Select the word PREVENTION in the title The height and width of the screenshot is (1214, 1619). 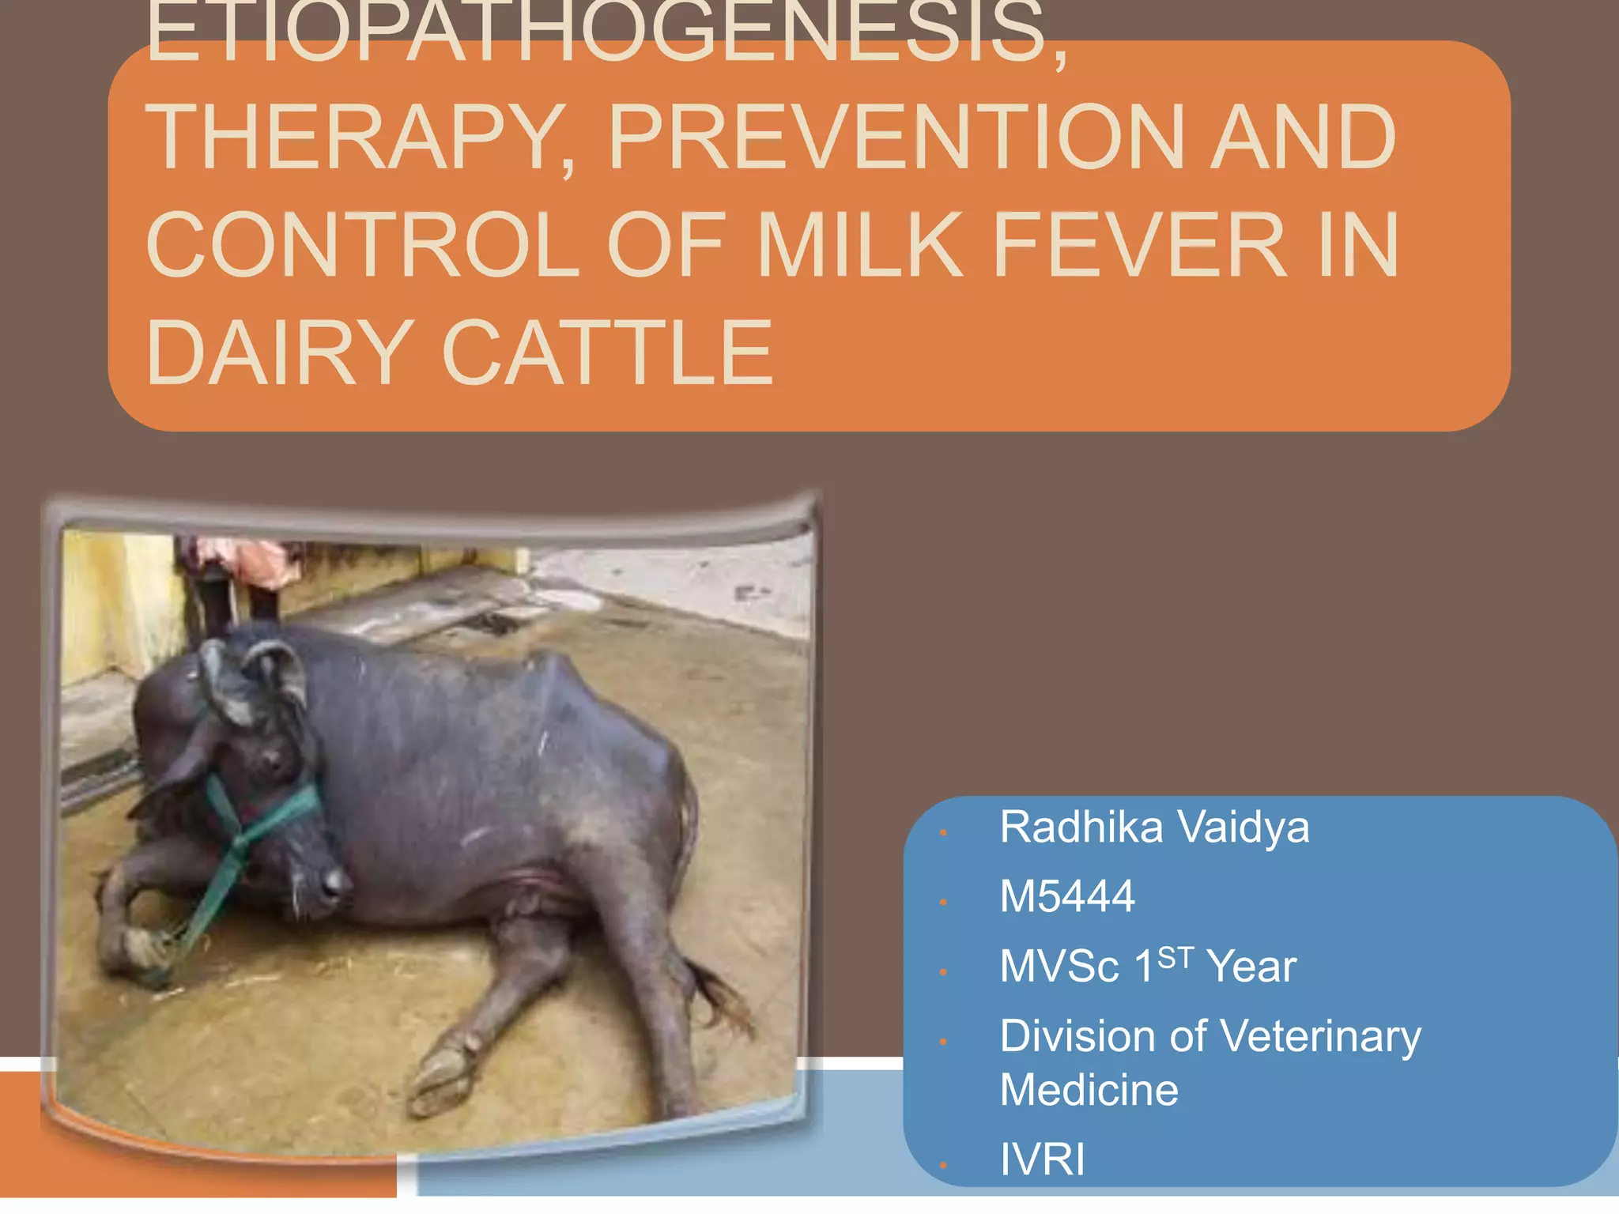point(896,138)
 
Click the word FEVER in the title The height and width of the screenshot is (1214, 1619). point(1139,246)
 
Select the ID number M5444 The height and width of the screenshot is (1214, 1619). point(1067,896)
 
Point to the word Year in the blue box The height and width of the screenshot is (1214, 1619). point(1251,967)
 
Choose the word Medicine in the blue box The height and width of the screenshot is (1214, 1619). point(1089,1091)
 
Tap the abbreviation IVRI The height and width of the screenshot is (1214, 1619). point(1042,1159)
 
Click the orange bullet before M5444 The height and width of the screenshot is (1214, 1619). point(943,902)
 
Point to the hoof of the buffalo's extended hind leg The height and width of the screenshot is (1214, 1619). point(443,1079)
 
